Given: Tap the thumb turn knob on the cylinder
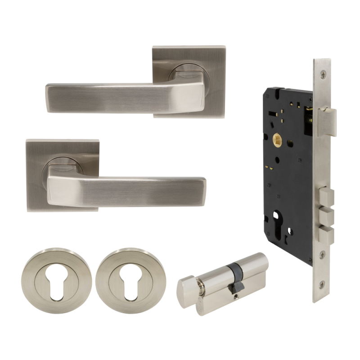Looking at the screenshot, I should coord(187,285).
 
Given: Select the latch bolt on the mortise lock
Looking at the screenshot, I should coord(327,120).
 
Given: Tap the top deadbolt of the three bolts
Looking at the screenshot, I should coord(327,197).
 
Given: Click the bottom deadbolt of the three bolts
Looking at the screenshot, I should coord(327,234).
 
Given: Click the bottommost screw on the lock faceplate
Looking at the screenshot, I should coord(322,284).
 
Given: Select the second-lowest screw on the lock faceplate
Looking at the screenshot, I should coord(322,255).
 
